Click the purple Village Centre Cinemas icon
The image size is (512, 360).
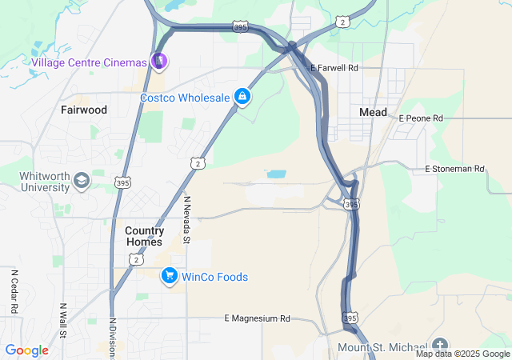(x=159, y=62)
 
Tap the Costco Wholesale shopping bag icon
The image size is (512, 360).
(x=242, y=98)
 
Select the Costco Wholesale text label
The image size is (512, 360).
(x=185, y=98)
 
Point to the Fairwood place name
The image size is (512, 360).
(x=84, y=110)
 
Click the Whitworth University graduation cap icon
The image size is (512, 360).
(x=82, y=181)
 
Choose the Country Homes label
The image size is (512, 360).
(x=145, y=236)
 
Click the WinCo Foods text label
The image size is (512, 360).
(x=214, y=277)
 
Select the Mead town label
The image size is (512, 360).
(x=374, y=112)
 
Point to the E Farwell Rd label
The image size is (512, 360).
(x=334, y=68)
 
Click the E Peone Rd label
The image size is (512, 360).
(x=421, y=118)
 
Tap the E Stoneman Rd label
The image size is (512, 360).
(x=455, y=169)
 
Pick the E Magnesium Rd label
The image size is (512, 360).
(x=258, y=318)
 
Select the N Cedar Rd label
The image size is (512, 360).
(x=14, y=291)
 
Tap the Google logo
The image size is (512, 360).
(x=27, y=350)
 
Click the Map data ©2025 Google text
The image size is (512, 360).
(x=462, y=354)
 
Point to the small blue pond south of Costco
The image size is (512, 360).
(x=276, y=174)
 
